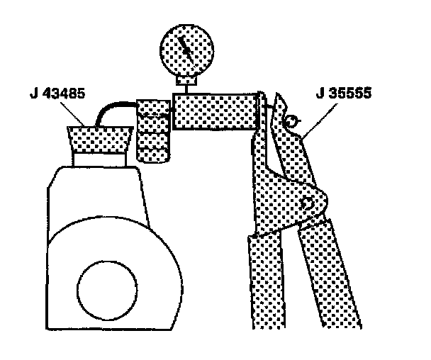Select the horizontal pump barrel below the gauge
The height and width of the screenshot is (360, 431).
213,111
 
